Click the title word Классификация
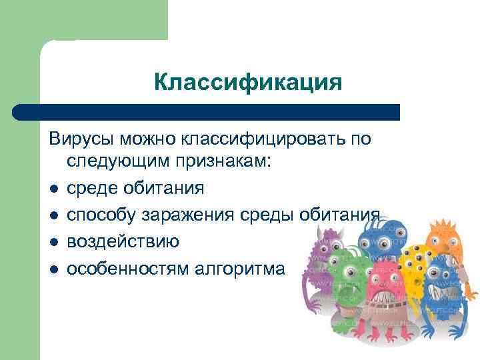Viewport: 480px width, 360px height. click(x=247, y=83)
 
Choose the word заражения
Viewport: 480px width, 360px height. click(x=187, y=215)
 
